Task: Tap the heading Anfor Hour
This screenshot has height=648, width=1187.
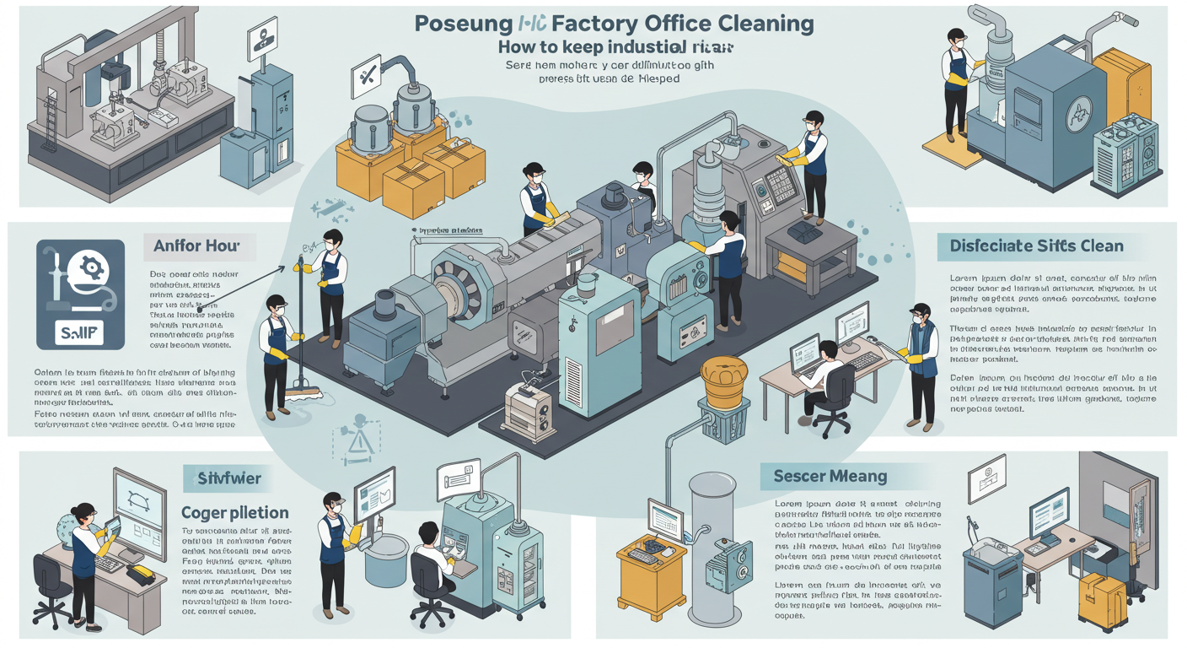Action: click(196, 247)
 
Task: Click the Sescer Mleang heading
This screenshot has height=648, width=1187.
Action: click(830, 477)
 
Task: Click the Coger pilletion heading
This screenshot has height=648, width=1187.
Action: click(235, 512)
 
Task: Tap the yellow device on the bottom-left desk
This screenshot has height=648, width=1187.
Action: click(140, 575)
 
